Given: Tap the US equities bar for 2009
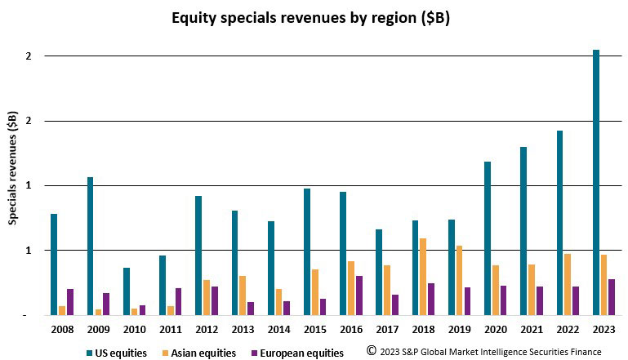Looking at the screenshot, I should [90, 246].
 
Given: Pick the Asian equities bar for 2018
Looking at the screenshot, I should [423, 276].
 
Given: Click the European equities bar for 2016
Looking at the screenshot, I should [359, 295].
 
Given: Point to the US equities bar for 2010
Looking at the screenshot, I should [126, 291].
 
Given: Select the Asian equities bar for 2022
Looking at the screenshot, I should [568, 283].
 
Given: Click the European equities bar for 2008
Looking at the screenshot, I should [70, 301].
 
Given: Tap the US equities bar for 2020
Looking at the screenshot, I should [488, 238].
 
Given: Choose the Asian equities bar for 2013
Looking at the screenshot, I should [243, 295].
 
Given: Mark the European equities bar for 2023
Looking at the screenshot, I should [612, 296].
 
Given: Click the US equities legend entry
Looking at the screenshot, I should [115, 353].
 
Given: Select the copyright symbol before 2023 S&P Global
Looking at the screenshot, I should [371, 351].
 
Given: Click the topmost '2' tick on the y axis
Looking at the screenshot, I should [28, 56].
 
